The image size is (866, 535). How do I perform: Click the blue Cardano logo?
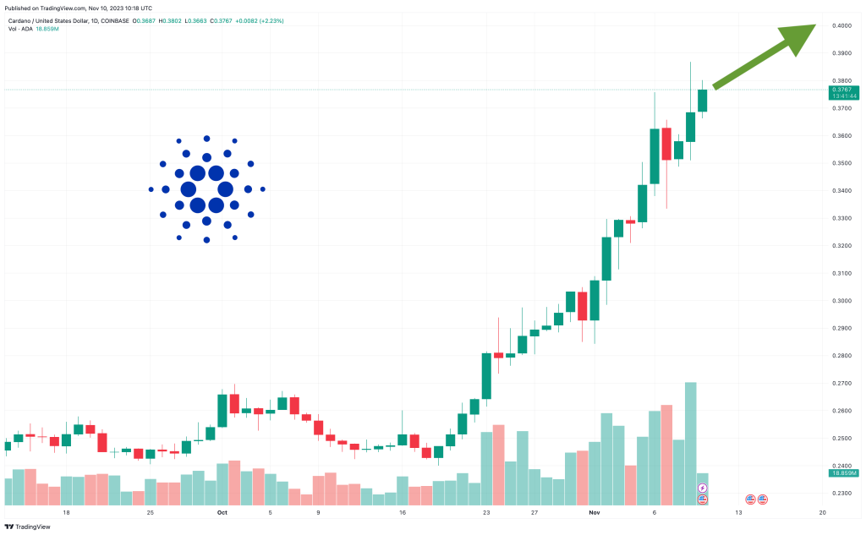pyautogui.click(x=206, y=189)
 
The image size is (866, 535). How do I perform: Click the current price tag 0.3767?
pyautogui.click(x=841, y=89)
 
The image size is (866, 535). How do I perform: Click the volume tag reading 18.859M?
pyautogui.click(x=841, y=473)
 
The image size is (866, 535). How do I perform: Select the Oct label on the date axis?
pyautogui.click(x=222, y=512)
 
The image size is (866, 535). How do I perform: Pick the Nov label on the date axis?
pyautogui.click(x=595, y=512)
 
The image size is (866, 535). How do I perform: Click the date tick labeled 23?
pyautogui.click(x=486, y=512)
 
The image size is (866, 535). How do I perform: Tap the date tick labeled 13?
pyautogui.click(x=738, y=512)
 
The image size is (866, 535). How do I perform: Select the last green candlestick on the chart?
pyautogui.click(x=702, y=95)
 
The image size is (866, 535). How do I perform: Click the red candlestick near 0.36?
pyautogui.click(x=666, y=144)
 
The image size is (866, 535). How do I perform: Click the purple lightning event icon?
pyautogui.click(x=702, y=489)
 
